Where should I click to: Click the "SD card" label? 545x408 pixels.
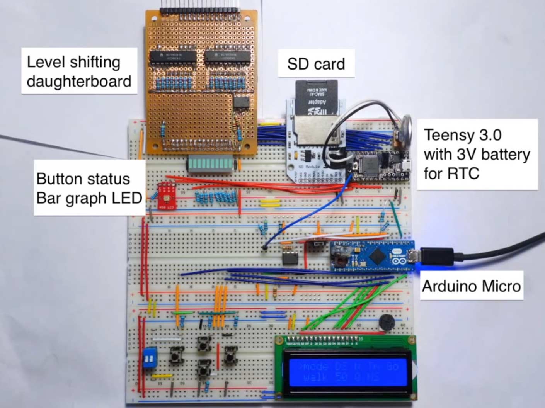316,64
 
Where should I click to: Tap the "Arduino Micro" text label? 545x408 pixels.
471,286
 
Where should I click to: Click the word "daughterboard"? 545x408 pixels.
79,82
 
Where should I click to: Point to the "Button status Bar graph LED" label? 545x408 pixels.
89,189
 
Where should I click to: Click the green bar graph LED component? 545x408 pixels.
211,164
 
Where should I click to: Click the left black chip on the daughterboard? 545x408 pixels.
172,57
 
